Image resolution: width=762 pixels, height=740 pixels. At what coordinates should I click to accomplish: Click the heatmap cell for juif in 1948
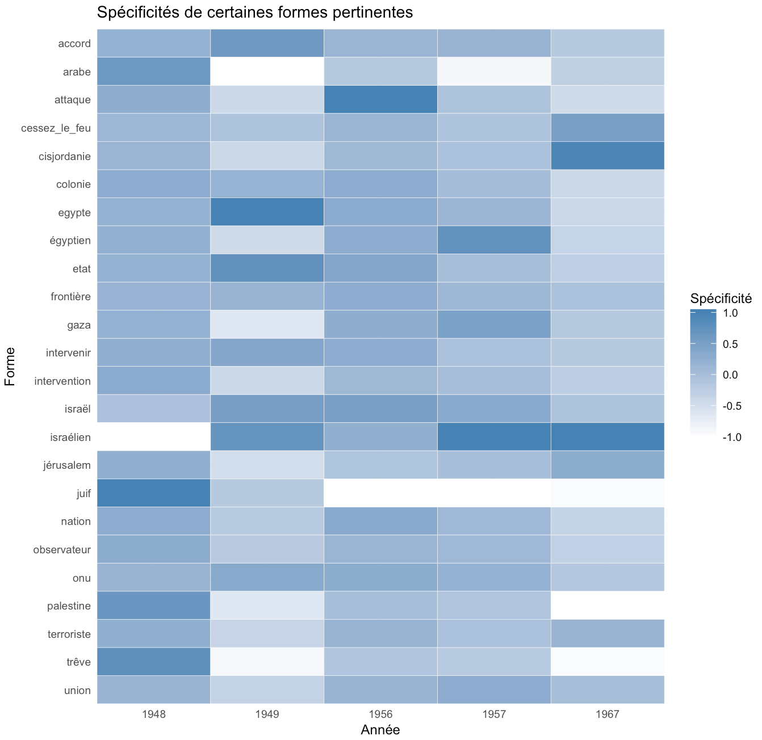coord(153,493)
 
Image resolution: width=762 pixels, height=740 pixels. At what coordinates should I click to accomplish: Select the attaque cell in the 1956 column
coord(380,99)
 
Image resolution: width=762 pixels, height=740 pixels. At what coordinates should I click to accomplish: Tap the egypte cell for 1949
coord(267,212)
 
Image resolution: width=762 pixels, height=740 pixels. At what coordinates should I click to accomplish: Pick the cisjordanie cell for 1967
coord(608,156)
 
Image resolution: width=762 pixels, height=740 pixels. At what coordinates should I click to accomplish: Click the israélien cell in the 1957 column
coord(494,437)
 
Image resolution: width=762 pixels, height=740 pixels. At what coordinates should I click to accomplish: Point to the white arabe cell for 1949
coord(267,72)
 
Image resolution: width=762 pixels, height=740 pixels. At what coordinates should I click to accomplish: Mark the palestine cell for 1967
coord(608,606)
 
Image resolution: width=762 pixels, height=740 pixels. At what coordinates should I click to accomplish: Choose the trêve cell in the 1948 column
coord(153,662)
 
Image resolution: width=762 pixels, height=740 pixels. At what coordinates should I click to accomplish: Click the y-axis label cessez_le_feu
coord(56,128)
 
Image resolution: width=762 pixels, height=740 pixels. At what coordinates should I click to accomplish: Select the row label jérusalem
coord(66,465)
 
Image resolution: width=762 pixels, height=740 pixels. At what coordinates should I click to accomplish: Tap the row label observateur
coord(62,549)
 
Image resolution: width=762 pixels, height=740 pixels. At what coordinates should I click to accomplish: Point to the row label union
coord(77,691)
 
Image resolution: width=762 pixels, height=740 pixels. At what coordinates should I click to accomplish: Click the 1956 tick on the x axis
coord(380,713)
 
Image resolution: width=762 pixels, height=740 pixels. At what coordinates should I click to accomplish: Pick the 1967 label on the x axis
coord(608,713)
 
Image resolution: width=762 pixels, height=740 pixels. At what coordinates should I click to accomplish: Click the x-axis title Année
coord(380,730)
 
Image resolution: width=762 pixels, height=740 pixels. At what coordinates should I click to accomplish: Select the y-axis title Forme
coord(10,367)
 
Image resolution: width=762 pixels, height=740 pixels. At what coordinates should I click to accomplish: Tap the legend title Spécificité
coord(721,298)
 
